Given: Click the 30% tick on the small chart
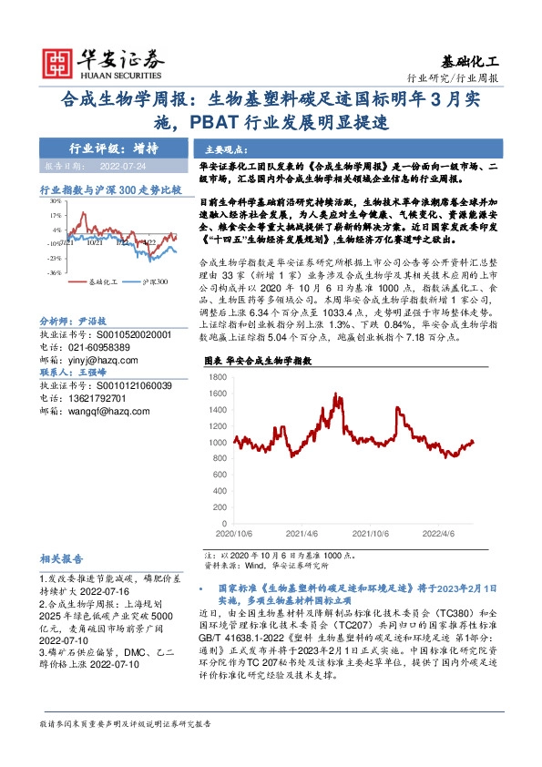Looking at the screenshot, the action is [54, 201].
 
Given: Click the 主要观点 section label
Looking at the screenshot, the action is [224, 148].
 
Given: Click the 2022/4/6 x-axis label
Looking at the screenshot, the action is [447, 534].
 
